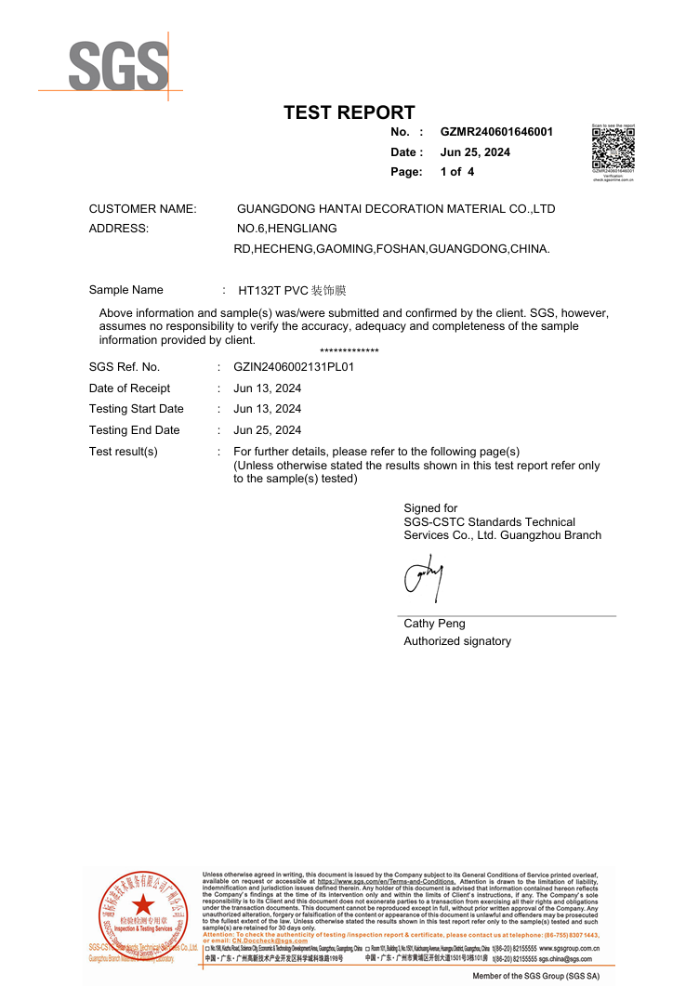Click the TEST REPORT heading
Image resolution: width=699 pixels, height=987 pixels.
(x=349, y=112)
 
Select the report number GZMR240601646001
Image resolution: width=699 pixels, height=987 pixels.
(x=496, y=132)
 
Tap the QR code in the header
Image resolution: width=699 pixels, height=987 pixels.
(x=613, y=148)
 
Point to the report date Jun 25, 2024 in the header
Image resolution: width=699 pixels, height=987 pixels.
(x=475, y=152)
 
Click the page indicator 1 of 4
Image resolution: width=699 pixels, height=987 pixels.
(x=457, y=172)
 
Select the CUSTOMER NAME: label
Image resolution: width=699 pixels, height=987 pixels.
(x=142, y=209)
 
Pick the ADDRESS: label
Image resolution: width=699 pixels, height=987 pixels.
(x=118, y=229)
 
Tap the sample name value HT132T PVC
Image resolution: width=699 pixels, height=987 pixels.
(x=272, y=290)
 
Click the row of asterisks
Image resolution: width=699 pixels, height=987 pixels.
(x=349, y=351)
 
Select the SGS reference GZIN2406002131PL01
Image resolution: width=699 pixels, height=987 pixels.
(x=294, y=367)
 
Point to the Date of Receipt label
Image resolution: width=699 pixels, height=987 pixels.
(x=129, y=388)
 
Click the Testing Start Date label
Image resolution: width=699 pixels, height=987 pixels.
(x=136, y=409)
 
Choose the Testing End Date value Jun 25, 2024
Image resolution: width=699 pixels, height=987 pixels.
(x=268, y=430)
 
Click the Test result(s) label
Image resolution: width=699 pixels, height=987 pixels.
(x=123, y=452)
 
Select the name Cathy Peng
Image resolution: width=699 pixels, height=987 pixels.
(x=434, y=624)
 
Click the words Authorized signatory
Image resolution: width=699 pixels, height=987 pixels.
(x=456, y=641)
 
